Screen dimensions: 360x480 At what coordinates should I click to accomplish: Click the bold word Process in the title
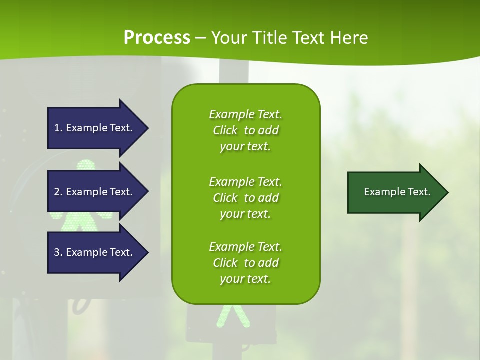coord(157,38)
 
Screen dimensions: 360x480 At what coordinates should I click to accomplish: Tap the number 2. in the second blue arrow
coord(58,192)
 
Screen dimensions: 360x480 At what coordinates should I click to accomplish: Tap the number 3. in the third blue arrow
coord(58,252)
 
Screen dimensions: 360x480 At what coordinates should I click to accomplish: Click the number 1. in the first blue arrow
coord(58,128)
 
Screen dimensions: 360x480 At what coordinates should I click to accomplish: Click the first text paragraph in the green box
coord(245,130)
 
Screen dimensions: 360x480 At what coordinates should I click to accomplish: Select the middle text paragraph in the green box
coord(245,198)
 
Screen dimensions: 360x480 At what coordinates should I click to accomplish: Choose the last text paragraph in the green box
coord(245,263)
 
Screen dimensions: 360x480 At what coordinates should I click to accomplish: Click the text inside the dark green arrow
coord(397,192)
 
